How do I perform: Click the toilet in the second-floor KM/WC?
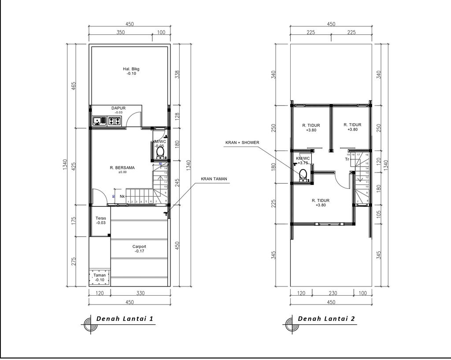point(303,176)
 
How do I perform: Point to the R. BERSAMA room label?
point(122,168)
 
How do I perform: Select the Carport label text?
point(139,247)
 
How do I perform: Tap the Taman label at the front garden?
point(100,275)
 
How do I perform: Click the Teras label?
point(101,218)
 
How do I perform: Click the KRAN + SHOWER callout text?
point(243,143)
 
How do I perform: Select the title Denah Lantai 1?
point(125,319)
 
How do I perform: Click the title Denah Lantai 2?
point(326,319)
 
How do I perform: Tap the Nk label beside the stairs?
point(122,197)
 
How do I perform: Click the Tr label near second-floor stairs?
point(347,160)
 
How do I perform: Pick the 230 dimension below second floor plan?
point(333,293)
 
